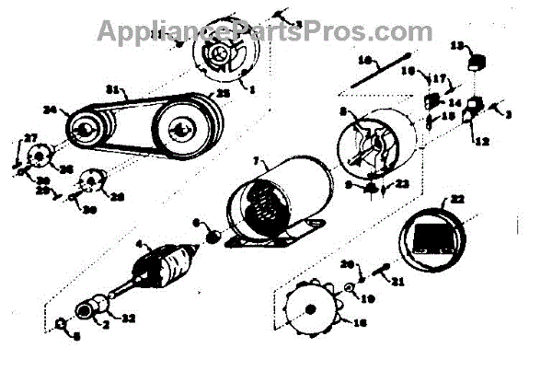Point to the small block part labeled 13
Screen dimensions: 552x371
tap(476, 63)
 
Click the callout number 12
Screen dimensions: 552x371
tap(483, 141)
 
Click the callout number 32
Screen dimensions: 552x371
tap(129, 319)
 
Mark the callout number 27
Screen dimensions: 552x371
tap(31, 138)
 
